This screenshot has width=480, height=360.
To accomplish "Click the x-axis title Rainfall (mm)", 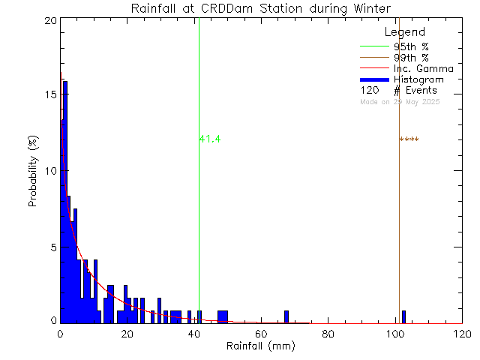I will [260, 347].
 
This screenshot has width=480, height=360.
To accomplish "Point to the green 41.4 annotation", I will [210, 139].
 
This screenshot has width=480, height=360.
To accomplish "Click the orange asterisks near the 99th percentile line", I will [409, 139].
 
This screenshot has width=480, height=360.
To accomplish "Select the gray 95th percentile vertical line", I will [199, 225].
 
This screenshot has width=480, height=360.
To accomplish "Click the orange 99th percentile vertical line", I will [399, 225].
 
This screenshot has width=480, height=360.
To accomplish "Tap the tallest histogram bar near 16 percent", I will [65, 202].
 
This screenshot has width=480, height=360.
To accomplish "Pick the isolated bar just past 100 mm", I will [403, 316].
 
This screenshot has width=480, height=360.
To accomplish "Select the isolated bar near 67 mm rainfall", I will [286, 316].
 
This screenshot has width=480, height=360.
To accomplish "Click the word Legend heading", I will [404, 32].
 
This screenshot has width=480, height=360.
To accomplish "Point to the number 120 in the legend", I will [369, 90].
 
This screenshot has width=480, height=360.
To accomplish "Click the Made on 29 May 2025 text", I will [400, 101].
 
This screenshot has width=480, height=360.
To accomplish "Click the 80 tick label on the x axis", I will [328, 334].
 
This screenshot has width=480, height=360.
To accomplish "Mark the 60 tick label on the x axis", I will [261, 334].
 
